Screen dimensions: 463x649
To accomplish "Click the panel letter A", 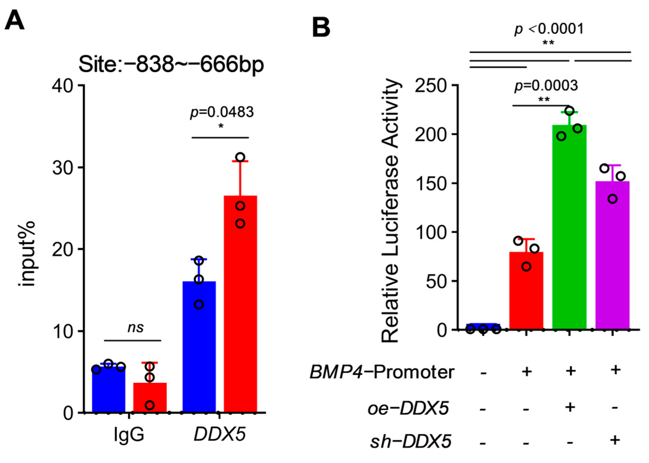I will pyautogui.click(x=14, y=20).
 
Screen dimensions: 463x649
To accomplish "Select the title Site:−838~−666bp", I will pyautogui.click(x=171, y=64).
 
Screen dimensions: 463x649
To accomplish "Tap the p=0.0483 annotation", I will pyautogui.click(x=222, y=112).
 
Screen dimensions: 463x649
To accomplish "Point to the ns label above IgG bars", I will pyautogui.click(x=136, y=328).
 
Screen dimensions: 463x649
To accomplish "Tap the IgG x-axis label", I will pyautogui.click(x=129, y=434).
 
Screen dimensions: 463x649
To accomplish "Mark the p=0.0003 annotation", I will pyautogui.click(x=546, y=86).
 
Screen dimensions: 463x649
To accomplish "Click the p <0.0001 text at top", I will pyautogui.click(x=549, y=29).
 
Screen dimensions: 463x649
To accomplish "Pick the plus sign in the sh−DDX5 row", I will pyautogui.click(x=615, y=440).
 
